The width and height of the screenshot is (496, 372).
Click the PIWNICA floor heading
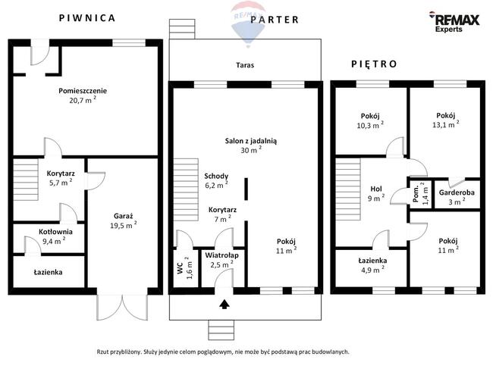pos(87,18)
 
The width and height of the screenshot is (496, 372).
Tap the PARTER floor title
pos(275,20)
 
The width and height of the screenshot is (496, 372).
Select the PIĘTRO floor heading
pos(374,64)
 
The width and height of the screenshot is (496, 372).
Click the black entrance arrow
pos(224,305)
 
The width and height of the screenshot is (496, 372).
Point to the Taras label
pos(245,65)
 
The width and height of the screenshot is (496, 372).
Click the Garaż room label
pos(124,216)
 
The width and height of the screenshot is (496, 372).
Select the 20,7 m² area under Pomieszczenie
pos(83,100)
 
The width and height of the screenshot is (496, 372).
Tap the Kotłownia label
pos(55,232)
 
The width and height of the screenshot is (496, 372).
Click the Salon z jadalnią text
pos(251,141)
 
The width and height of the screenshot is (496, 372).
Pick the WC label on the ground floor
pos(181,267)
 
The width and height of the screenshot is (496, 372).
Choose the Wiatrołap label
pos(221,255)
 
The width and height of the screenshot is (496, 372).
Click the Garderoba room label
pos(457,192)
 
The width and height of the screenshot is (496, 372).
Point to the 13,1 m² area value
pos(446,124)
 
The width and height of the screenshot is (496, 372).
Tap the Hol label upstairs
pos(376,189)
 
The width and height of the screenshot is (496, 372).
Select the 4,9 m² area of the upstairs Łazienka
pos(373,270)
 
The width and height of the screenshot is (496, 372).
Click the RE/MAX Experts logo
pos(454,22)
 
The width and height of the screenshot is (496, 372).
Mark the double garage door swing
pos(122,308)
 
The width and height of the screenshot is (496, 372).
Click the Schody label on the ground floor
pos(216,176)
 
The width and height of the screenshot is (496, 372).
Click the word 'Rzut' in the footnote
pos(102,352)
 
